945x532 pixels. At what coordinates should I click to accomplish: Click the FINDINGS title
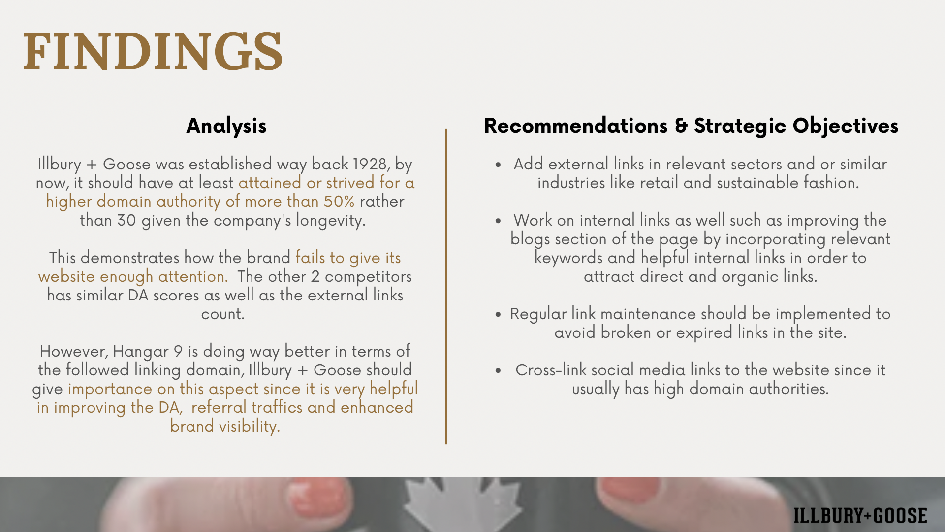tap(153, 51)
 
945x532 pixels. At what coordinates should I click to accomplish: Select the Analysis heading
tap(226, 126)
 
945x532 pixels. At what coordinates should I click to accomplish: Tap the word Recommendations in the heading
tap(576, 126)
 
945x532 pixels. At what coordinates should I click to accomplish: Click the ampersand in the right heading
tap(681, 126)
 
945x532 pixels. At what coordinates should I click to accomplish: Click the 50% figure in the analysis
tap(339, 201)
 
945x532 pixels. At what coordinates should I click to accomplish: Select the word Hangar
tap(141, 352)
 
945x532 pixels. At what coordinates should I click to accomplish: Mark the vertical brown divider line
tap(446, 286)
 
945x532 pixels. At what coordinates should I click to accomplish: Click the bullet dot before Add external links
tap(499, 165)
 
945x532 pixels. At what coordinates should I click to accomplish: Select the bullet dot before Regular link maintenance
tap(499, 315)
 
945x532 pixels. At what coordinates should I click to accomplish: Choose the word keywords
tap(568, 258)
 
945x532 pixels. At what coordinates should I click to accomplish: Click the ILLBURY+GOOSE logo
tap(860, 516)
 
